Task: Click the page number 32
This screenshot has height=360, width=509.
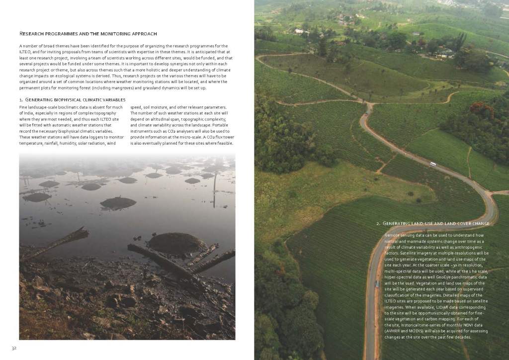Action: tap(15, 347)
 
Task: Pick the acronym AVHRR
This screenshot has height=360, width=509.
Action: tap(394, 331)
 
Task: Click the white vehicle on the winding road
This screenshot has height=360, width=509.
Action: tap(433, 164)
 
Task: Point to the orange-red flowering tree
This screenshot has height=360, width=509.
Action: tap(479, 109)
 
